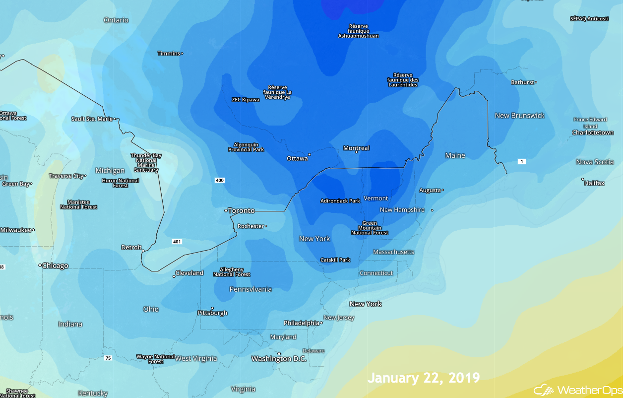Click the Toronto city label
pyautogui.click(x=241, y=211)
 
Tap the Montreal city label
pyautogui.click(x=356, y=148)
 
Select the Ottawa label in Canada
pyautogui.click(x=297, y=159)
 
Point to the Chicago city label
pyautogui.click(x=55, y=266)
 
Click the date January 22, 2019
pyautogui.click(x=424, y=378)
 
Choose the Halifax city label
pyautogui.click(x=594, y=183)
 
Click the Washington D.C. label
pyautogui.click(x=279, y=359)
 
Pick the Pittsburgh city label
pyautogui.click(x=212, y=313)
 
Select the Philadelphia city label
pyautogui.click(x=301, y=323)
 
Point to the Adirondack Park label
pyautogui.click(x=340, y=201)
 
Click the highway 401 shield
pyautogui.click(x=177, y=242)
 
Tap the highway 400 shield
pyautogui.click(x=220, y=180)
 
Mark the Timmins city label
pyautogui.click(x=169, y=54)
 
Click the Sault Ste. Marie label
pyautogui.click(x=92, y=119)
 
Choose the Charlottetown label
pyautogui.click(x=593, y=133)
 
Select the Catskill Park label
pyautogui.click(x=335, y=260)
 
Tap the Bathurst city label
pyautogui.click(x=522, y=82)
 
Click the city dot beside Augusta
pyautogui.click(x=442, y=190)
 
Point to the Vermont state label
pyautogui.click(x=375, y=199)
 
